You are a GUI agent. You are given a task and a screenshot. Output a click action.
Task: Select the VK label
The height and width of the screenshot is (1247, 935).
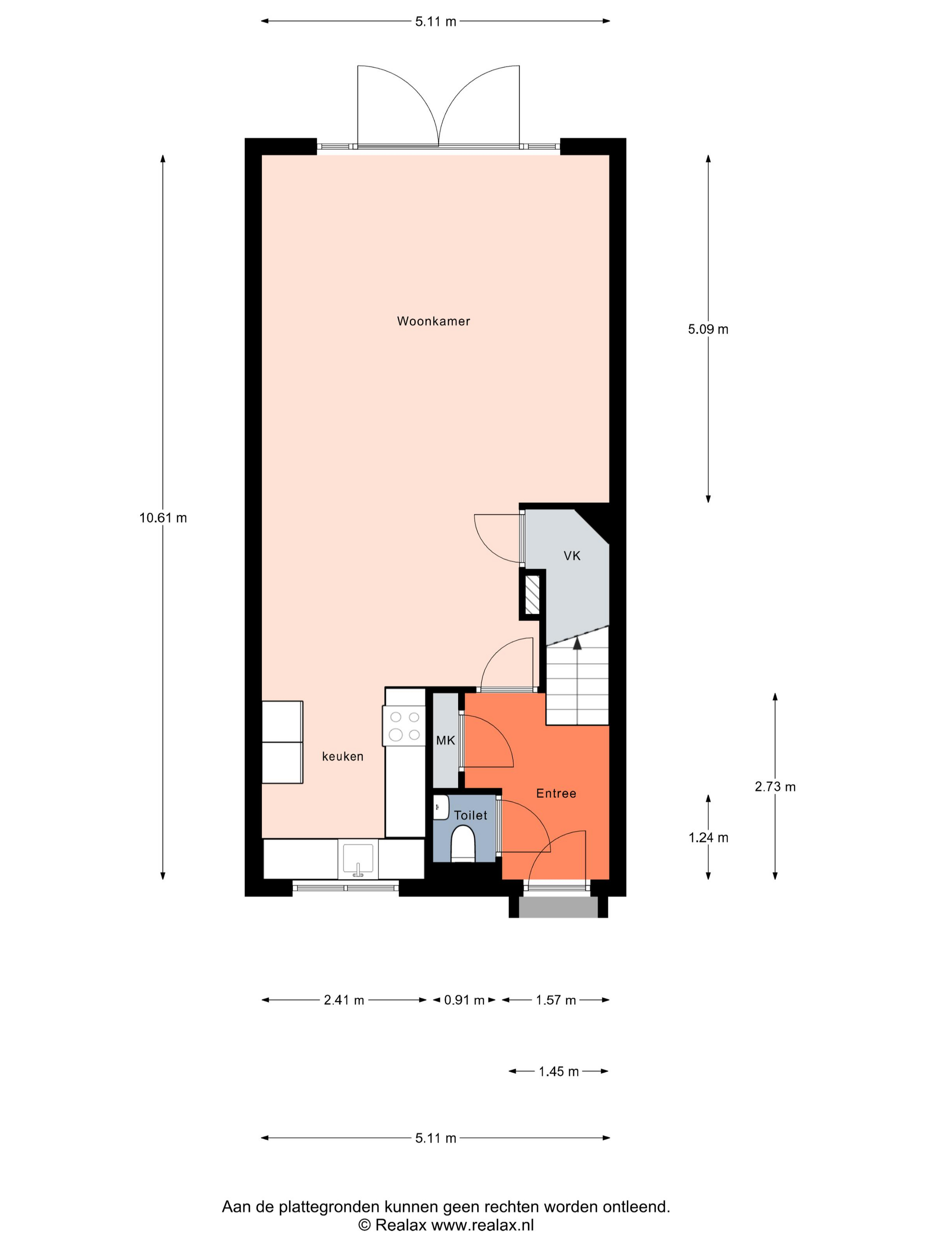[x=572, y=556]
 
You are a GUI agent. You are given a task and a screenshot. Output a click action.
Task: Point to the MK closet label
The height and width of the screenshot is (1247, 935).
[x=445, y=740]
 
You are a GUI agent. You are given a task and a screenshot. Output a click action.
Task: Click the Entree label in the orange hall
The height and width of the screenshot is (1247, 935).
[x=556, y=793]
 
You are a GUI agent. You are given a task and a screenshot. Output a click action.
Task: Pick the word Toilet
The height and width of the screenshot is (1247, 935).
[x=471, y=815]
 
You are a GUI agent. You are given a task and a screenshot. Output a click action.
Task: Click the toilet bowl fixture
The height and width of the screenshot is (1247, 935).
[x=463, y=844]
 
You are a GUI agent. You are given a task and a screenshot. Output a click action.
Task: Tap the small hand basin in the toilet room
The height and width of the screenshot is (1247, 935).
[x=441, y=807]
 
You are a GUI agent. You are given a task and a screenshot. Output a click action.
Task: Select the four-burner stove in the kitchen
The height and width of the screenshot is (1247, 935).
[x=404, y=726]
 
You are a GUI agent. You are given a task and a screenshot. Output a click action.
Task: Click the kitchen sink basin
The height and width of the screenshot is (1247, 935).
[x=358, y=860]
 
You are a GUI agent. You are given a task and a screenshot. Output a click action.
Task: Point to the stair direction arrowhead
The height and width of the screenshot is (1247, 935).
[x=577, y=643]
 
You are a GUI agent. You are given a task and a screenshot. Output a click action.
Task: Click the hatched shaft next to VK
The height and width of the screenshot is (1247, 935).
[x=532, y=595]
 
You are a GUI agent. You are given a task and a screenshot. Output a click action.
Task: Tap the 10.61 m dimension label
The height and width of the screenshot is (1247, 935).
[x=163, y=518]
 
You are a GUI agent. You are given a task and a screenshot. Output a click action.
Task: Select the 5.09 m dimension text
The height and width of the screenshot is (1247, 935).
[x=708, y=329]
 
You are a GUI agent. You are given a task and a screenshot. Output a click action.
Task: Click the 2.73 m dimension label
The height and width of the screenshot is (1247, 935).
[x=775, y=787]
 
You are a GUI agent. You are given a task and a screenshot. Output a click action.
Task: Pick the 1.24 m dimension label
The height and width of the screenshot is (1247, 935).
[x=708, y=838]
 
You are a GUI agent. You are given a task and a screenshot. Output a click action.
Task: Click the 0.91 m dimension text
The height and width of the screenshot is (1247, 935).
[x=464, y=1000]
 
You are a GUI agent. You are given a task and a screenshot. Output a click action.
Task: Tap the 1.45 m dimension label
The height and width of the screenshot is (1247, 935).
[x=558, y=1071]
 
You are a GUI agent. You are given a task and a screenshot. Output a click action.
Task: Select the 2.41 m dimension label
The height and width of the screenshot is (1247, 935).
[x=344, y=1000]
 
